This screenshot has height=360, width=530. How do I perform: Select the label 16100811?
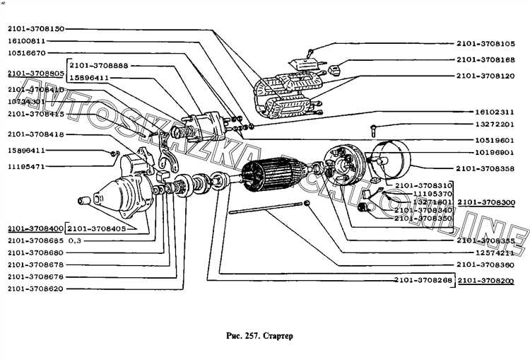click(27, 41)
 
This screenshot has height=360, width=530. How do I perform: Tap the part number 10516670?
click(27, 53)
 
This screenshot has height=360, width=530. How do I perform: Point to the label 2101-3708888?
click(99, 65)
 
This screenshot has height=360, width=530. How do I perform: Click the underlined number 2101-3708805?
click(35, 73)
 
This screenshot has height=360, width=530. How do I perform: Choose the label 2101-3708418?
click(35, 134)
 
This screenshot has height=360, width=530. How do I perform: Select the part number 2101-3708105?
click(485, 42)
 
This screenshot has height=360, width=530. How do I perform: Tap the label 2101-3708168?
click(485, 59)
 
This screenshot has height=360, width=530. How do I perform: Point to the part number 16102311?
click(495, 112)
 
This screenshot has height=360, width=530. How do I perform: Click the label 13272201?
click(495, 125)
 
